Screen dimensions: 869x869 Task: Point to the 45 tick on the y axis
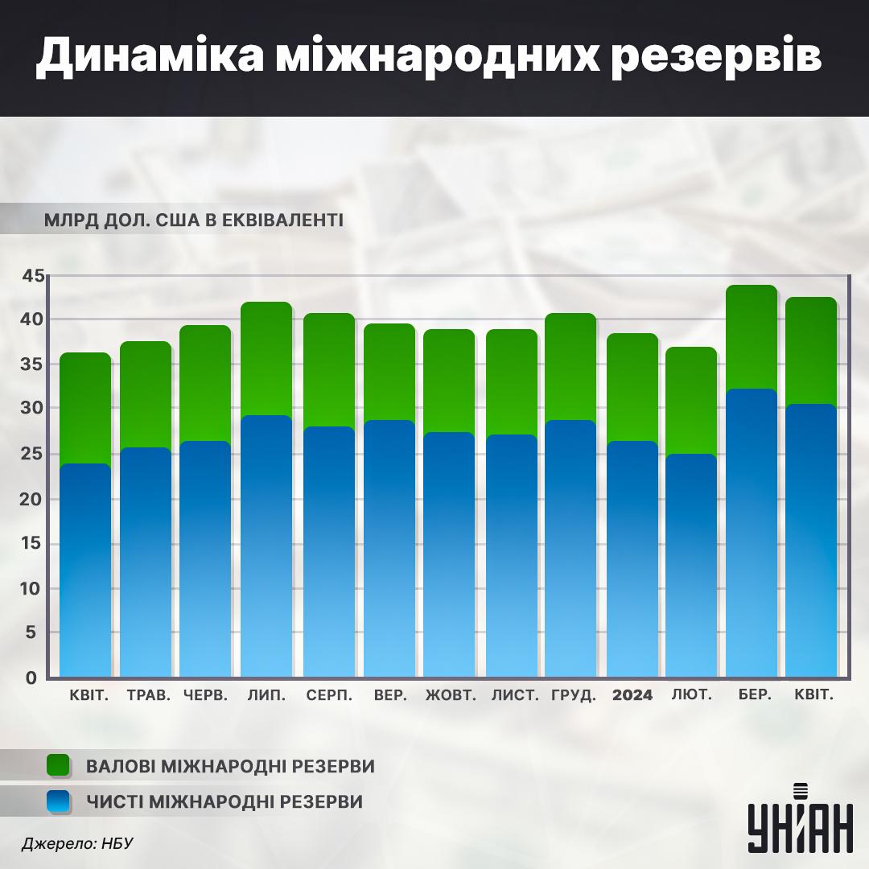click(31, 276)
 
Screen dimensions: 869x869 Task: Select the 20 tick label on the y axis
click(31, 499)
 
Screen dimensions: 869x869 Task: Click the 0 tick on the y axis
click(32, 677)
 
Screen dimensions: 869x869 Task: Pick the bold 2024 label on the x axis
click(632, 695)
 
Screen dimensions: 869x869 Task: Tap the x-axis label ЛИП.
click(266, 695)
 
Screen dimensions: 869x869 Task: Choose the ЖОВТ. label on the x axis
click(451, 695)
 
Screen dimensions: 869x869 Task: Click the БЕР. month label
click(755, 695)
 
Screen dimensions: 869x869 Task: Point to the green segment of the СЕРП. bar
click(328, 369)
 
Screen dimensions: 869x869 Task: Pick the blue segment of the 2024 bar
click(632, 555)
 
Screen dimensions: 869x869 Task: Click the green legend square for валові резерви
click(60, 765)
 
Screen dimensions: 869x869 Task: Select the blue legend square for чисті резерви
click(60, 801)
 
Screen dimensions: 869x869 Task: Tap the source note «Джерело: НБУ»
click(77, 843)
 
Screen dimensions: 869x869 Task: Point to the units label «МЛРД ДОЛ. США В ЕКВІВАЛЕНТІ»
click(194, 220)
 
